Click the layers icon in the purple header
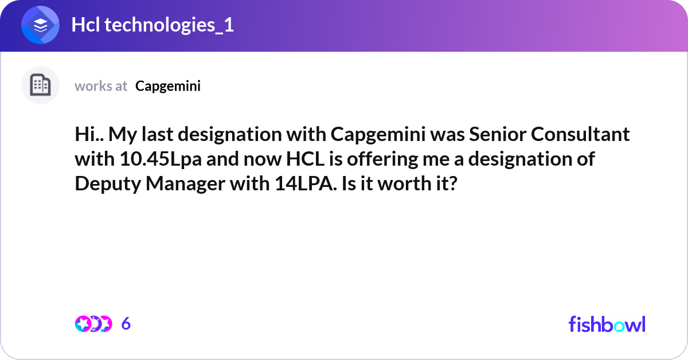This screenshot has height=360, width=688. pos(40,26)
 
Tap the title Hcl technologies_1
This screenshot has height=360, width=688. pos(153,25)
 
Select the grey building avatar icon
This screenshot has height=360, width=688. pos(40,85)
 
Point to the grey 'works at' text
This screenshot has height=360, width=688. pos(101,86)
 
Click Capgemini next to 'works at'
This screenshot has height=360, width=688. pos(168,86)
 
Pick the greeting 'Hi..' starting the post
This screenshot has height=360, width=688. pos(89,134)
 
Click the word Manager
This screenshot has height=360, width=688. pos(181,185)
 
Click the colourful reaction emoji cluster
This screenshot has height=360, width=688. pos(93,324)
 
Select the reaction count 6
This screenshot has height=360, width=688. pos(126,324)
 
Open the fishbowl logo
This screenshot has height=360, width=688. pos(607,324)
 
